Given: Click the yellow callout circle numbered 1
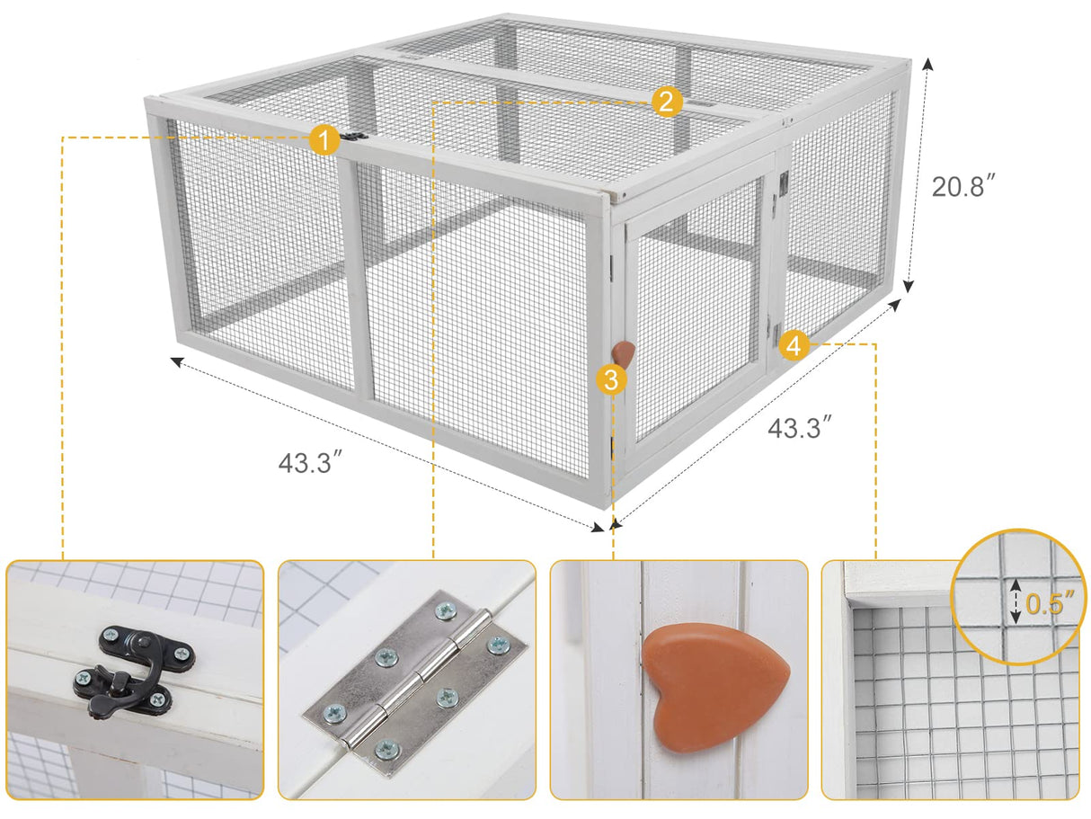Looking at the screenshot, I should click(324, 139).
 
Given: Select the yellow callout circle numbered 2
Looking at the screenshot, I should click(665, 102).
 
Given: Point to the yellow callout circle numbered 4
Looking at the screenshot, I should click(794, 344).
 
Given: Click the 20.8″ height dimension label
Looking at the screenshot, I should click(963, 186).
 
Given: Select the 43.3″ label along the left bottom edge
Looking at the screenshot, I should click(310, 463).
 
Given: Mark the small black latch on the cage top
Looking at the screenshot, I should click(355, 138).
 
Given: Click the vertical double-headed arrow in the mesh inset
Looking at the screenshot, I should click(1016, 601).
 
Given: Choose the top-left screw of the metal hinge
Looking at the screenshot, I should click(445, 611).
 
